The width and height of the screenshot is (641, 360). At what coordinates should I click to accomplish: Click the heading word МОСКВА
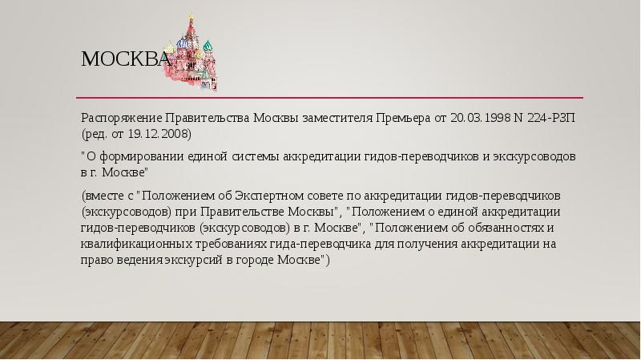point(124,59)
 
